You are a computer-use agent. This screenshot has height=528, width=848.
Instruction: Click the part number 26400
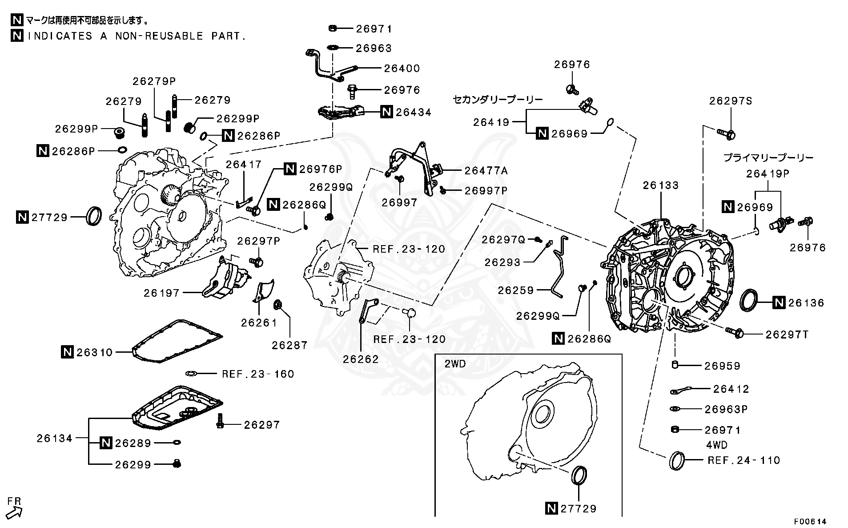402,68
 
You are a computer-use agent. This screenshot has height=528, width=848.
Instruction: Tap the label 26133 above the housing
660,185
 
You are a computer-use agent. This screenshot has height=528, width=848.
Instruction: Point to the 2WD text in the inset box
455,364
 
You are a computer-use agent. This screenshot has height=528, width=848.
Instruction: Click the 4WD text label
717,445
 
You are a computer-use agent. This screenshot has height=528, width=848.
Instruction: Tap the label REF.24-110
744,460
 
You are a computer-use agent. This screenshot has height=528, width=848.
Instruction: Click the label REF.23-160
258,374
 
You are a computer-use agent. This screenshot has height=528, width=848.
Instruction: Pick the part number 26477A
486,170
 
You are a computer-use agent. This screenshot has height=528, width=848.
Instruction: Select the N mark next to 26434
387,112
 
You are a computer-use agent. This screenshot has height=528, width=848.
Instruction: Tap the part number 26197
161,293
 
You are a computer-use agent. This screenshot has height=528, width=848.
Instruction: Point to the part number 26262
360,359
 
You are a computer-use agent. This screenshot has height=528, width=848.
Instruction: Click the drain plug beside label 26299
177,464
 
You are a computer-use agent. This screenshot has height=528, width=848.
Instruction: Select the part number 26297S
730,101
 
